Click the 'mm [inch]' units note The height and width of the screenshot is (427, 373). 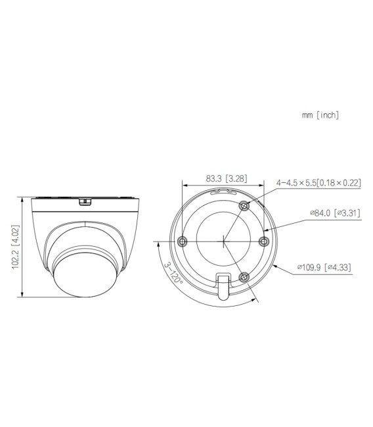tap(320, 115)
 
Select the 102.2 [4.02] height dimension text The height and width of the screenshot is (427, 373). tap(16, 246)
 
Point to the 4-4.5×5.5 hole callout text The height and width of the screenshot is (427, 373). tap(318, 183)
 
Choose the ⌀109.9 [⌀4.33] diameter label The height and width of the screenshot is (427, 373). tap(327, 267)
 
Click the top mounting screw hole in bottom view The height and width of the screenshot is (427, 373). tap(244, 207)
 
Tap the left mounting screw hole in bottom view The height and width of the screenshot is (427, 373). tap(183, 241)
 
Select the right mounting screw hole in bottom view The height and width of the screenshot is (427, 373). tap(264, 241)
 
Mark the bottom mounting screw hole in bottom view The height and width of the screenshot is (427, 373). tap(244, 276)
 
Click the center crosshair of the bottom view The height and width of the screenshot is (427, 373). tap(224, 241)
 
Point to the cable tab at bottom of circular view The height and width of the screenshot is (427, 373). tap(223, 289)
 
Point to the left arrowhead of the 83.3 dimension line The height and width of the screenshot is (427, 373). tap(183, 186)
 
